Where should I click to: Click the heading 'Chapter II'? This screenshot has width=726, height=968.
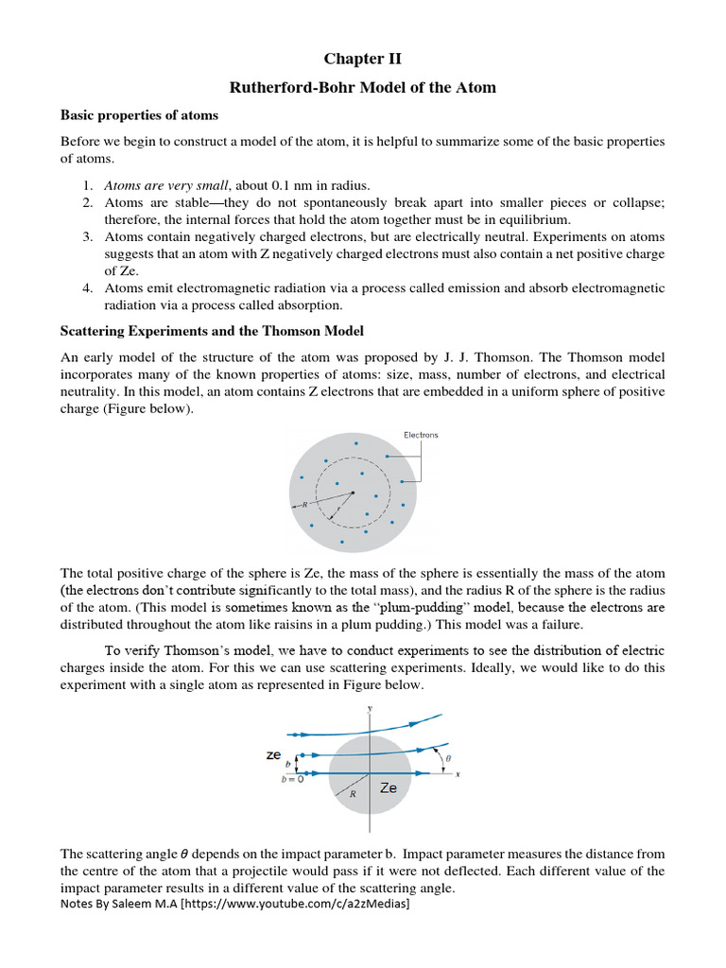coord(363,59)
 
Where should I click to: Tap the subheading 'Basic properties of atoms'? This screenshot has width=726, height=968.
coord(139,115)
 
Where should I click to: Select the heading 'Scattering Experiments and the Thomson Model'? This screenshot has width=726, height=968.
coord(212,331)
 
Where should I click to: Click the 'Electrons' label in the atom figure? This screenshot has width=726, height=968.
coord(421,435)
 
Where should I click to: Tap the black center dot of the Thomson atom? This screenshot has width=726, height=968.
coord(353,492)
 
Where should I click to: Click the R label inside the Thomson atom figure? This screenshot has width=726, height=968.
coord(304,505)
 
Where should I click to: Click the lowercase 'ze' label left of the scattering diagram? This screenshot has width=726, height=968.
coord(273,755)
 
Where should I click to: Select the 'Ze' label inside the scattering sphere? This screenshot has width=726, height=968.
coord(388,787)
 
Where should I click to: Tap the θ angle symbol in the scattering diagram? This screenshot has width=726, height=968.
coord(448,758)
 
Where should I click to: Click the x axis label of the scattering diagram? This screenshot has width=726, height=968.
coord(458,774)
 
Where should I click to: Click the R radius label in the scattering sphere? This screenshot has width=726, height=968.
coord(353,795)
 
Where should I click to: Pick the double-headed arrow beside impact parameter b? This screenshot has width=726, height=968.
coord(298,763)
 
